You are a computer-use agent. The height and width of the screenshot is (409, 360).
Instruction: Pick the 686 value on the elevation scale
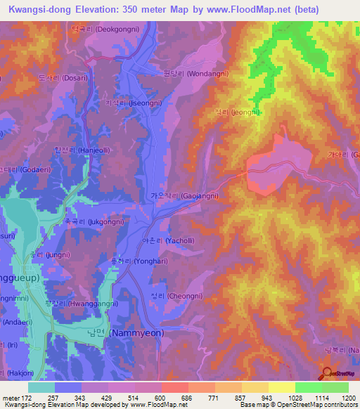click(x=188, y=398)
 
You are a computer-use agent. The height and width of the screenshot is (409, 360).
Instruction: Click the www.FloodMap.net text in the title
click(x=238, y=9)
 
